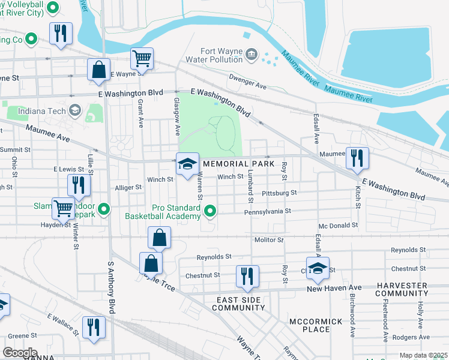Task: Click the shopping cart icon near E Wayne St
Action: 142,59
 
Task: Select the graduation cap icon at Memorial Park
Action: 187,164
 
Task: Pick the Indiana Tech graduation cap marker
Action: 75,110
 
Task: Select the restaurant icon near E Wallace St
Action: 93,328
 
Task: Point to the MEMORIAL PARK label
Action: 238,164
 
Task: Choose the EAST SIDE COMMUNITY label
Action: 239,303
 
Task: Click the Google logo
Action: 20,353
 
